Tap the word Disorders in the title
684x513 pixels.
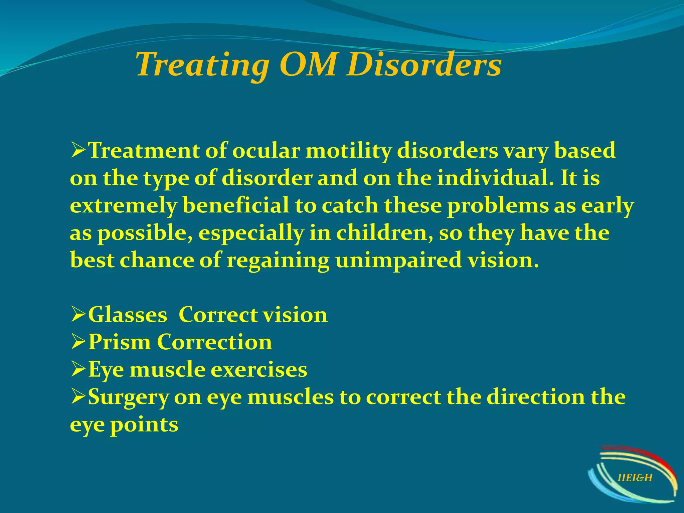[423, 64]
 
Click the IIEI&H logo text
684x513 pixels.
[635, 478]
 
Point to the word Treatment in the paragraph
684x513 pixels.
[144, 151]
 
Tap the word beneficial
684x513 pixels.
[236, 205]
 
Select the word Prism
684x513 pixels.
[119, 342]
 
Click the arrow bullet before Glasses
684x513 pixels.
[78, 315]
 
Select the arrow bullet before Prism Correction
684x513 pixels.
[78, 343]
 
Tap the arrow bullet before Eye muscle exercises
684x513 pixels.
[78, 370]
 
